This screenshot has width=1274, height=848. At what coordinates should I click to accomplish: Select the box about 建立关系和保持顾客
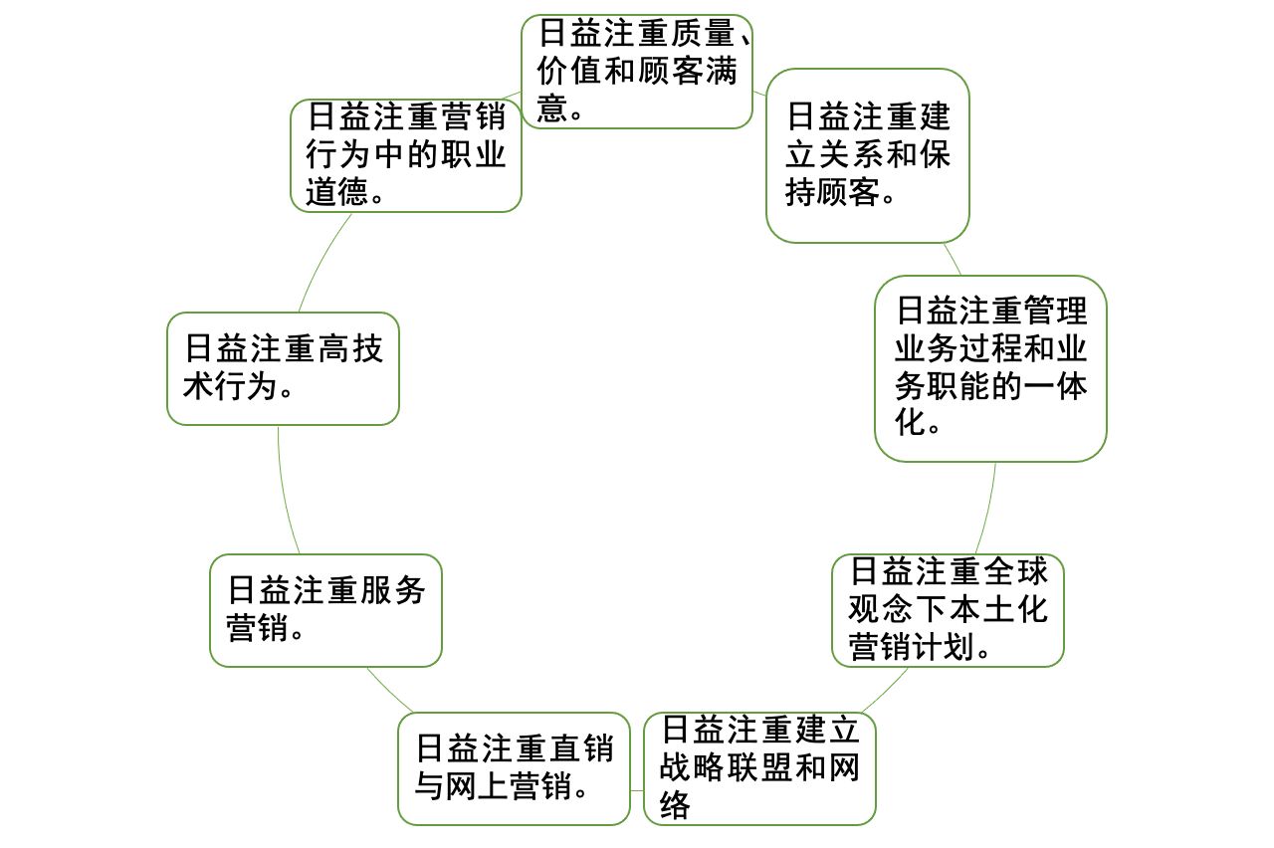click(x=867, y=155)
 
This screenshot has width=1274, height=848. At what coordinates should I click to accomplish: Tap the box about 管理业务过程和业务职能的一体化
click(x=990, y=368)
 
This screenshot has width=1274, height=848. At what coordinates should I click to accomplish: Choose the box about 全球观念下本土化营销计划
click(x=948, y=610)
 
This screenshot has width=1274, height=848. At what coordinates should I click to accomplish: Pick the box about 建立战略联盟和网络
click(x=759, y=767)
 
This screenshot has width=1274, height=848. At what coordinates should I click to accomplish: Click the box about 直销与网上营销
click(x=514, y=767)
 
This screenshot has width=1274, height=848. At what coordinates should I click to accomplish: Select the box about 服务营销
click(x=325, y=610)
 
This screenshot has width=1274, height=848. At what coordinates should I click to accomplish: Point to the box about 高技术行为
click(x=283, y=368)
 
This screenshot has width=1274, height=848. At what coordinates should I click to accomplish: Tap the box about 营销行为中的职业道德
click(x=406, y=155)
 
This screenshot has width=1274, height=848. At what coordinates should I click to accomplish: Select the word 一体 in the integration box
click(x=1056, y=386)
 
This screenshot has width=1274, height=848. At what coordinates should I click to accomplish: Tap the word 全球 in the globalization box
click(x=1017, y=572)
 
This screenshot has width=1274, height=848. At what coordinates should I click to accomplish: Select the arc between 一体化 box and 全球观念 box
click(x=989, y=508)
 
